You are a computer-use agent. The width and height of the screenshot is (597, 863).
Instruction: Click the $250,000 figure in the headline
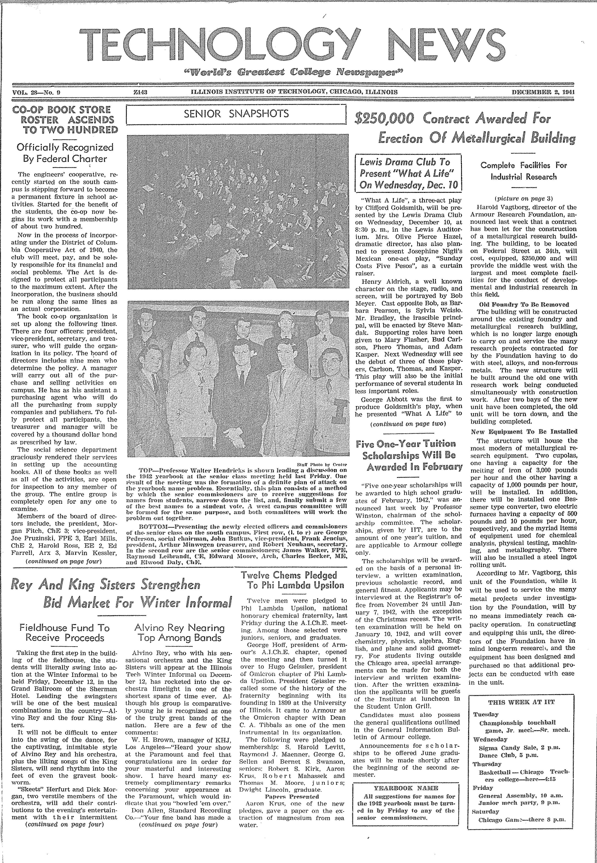tap(384, 119)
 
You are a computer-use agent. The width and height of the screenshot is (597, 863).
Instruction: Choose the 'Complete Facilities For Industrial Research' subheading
tap(523, 171)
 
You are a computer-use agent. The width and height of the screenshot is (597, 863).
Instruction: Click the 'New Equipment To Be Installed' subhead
tap(524, 431)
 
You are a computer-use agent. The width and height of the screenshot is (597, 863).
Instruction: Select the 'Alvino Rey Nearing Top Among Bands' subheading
tap(180, 633)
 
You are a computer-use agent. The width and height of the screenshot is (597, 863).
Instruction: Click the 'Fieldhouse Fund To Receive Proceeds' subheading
tap(64, 633)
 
